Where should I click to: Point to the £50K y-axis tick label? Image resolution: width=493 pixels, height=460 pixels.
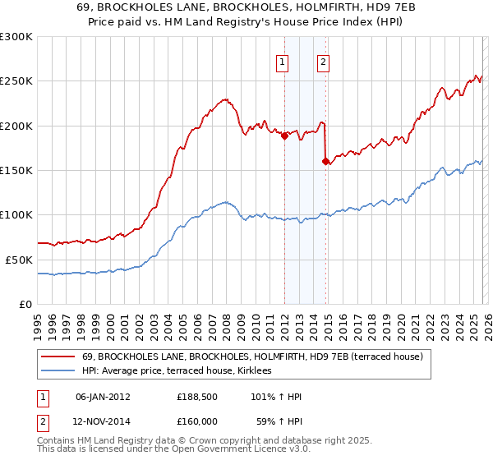point(19,260)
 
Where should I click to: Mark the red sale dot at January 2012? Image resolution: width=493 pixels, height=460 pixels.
point(284,136)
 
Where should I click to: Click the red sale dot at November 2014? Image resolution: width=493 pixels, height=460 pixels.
point(325,161)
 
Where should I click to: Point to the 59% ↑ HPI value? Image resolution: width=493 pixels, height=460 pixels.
point(279,425)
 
